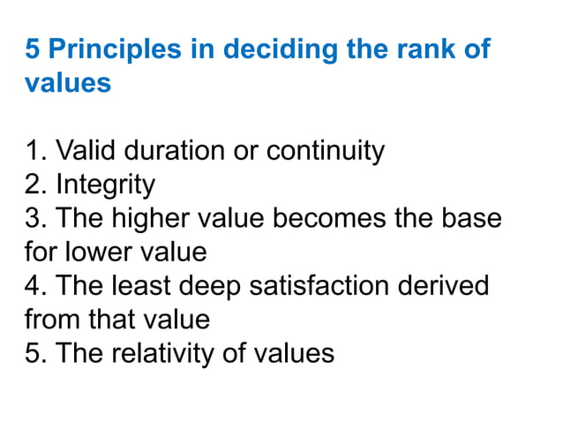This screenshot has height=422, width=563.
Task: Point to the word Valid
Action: click(x=84, y=151)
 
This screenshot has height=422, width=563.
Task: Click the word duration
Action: click(x=172, y=151)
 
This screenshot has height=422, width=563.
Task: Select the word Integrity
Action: click(x=105, y=185)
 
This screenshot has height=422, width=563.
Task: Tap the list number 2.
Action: click(x=34, y=185)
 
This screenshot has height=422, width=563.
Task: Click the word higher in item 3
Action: click(x=144, y=218)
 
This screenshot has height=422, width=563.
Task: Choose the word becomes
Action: click(x=327, y=218)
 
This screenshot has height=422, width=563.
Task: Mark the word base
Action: click(x=471, y=218)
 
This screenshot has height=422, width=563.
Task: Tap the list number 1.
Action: click(x=34, y=151)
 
